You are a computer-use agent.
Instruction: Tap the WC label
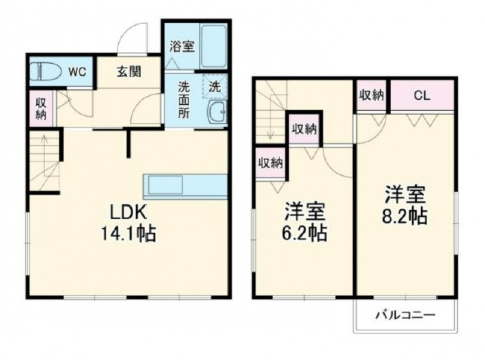pyautogui.click(x=77, y=71)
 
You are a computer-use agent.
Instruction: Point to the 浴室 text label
pyautogui.click(x=180, y=46)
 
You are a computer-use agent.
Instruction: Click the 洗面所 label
pyautogui.click(x=184, y=99)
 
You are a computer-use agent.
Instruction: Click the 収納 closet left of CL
pyautogui.click(x=372, y=95)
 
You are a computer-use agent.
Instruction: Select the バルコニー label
pyautogui.click(x=405, y=316)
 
